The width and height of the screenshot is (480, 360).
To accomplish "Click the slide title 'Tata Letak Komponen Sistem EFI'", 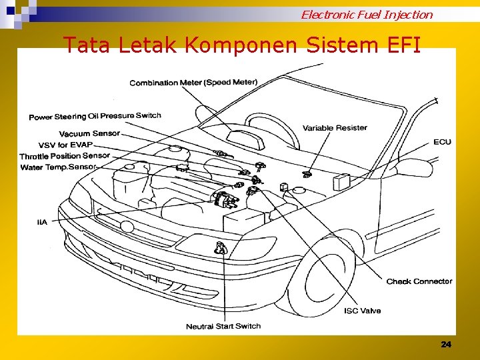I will coord(241,45).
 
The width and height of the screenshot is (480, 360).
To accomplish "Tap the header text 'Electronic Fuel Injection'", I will coord(366,14).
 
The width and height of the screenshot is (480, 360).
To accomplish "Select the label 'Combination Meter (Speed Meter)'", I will coord(193,83).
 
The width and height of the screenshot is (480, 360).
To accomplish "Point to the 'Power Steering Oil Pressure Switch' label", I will coord(95,117).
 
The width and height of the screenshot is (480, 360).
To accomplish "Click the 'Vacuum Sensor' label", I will coord(89,133).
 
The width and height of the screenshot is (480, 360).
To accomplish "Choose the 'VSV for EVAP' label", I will coord(65,145).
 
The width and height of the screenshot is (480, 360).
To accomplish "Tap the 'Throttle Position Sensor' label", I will coord(65,156).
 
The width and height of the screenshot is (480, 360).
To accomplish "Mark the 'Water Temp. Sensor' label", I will coord(59,167).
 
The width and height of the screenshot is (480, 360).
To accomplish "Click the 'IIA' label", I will coord(42,222).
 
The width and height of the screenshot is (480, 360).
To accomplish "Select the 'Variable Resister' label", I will coord(335,128).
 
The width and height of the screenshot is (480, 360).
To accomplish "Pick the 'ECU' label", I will coord(442,142).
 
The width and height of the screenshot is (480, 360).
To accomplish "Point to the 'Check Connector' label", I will coord(419,281).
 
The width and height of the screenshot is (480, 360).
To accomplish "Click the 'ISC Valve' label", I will coord(362,311).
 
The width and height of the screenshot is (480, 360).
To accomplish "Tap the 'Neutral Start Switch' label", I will coord(223,326).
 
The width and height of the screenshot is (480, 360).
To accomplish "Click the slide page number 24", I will coord(446,344).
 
